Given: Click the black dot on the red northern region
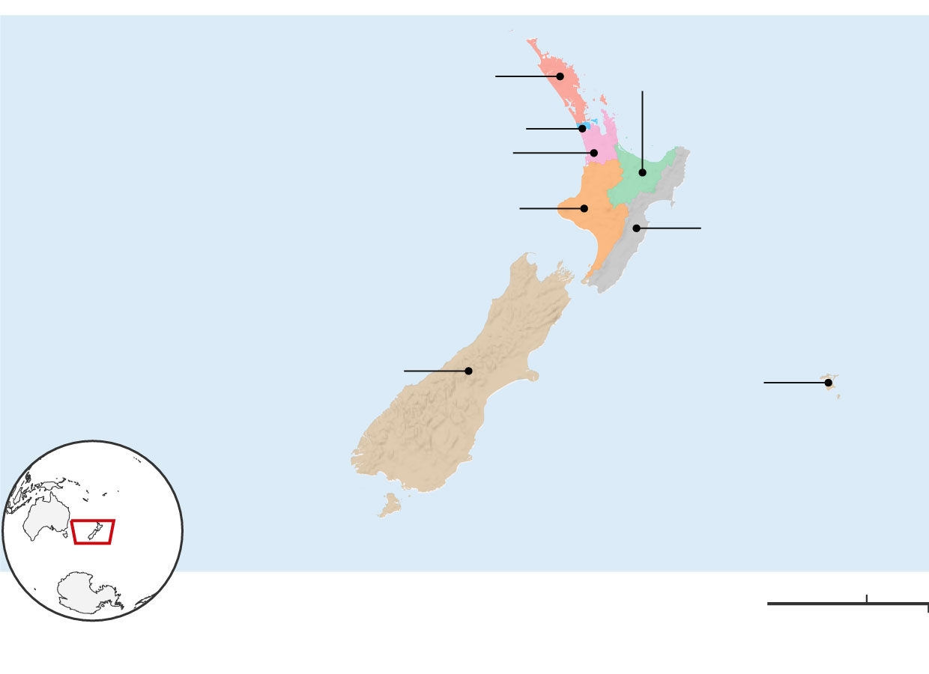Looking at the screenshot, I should coord(560,76).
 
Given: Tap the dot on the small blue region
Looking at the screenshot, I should coord(582,129).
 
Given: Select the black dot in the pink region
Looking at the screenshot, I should coord(594,153).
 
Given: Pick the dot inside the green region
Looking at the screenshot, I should coord(642,172).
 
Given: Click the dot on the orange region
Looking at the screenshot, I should coord(584,208).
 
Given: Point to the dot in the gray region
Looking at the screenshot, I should coord(636,228).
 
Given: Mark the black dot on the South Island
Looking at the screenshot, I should coord(468,371).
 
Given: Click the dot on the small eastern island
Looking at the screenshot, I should coord(828,383).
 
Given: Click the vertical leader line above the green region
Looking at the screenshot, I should coord(642,127).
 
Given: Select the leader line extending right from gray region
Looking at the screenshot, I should coord(671,228).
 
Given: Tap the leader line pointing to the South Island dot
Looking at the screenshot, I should coord(435,371).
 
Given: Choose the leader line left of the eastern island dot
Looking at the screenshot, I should coord(794,383).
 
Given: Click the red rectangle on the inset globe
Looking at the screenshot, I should coord(93,532).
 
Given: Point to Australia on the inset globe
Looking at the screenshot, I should coord(45,520).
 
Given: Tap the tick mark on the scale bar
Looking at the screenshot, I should coord(867,598).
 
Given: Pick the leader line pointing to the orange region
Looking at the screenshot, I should coord(551,208).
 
